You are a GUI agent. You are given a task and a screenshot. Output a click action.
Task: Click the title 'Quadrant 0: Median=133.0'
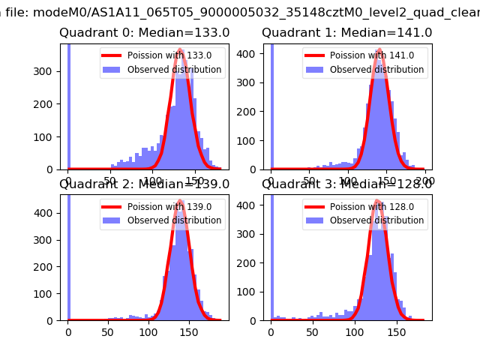[x=145, y=33]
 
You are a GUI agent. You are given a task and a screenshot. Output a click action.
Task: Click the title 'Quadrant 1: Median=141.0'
[x=346, y=33]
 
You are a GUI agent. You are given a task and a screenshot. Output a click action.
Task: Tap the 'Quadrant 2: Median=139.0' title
[x=145, y=184]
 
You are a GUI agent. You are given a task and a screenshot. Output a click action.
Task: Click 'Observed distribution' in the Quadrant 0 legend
[x=174, y=70]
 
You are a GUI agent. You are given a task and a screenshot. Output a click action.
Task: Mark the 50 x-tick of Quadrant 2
[x=109, y=331]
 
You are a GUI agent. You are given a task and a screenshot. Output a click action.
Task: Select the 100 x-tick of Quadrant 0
[x=152, y=181]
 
